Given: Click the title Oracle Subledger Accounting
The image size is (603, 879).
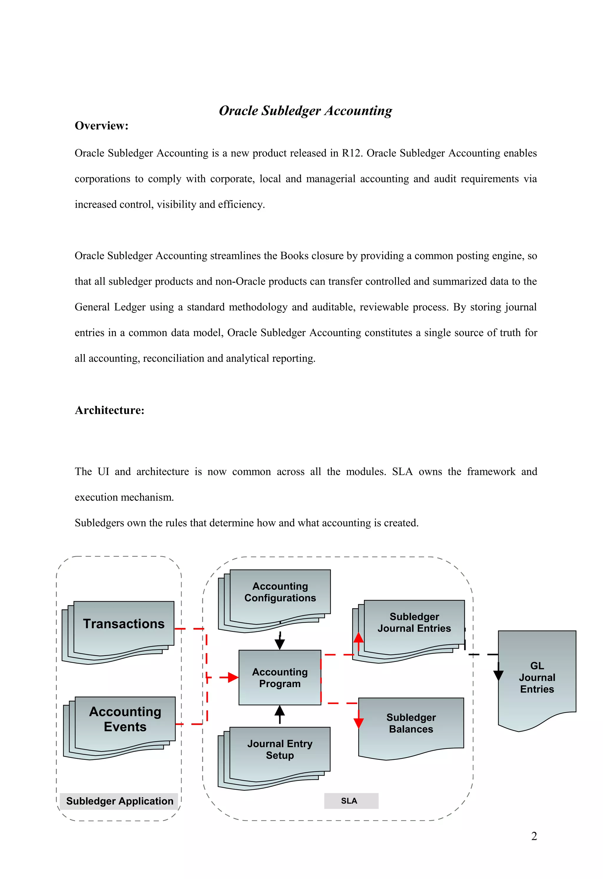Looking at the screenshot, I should [305, 110].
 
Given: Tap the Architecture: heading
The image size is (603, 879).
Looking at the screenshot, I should [109, 410].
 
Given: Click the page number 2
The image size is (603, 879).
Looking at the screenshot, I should [534, 836].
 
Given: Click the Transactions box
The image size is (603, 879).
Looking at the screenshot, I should [124, 624].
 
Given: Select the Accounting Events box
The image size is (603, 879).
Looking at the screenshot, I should [125, 719].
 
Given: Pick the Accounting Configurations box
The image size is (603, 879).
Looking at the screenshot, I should [280, 592].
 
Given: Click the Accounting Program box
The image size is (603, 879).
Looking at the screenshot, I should [280, 678].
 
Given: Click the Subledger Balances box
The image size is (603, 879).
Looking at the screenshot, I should [411, 723].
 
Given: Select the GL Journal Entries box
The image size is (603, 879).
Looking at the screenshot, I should [537, 678].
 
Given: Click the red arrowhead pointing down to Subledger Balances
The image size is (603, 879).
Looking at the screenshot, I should [358, 723].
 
